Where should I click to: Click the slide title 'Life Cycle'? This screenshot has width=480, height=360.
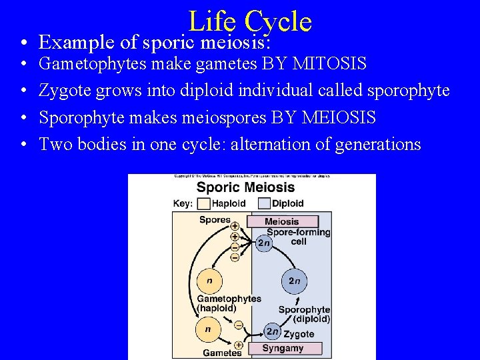click(250, 21)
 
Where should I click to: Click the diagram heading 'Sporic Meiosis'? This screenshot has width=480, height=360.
click(246, 187)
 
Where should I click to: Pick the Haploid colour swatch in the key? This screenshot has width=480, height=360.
click(203, 203)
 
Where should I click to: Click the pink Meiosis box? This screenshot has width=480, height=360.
click(281, 221)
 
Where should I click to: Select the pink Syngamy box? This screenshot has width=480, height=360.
click(284, 348)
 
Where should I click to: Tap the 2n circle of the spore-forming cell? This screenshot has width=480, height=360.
click(264, 243)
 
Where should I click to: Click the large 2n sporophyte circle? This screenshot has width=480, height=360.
click(293, 281)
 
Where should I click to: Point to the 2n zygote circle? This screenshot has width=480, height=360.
click(272, 331)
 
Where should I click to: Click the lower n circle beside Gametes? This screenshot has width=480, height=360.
click(208, 329)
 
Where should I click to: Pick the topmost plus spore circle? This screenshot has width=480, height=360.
click(235, 227)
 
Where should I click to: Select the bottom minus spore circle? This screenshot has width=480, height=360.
click(235, 257)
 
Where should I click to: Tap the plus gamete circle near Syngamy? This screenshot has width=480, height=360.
click(239, 345)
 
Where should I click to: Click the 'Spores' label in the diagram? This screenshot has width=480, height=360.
click(215, 220)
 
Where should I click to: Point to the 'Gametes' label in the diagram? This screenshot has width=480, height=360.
click(222, 352)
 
